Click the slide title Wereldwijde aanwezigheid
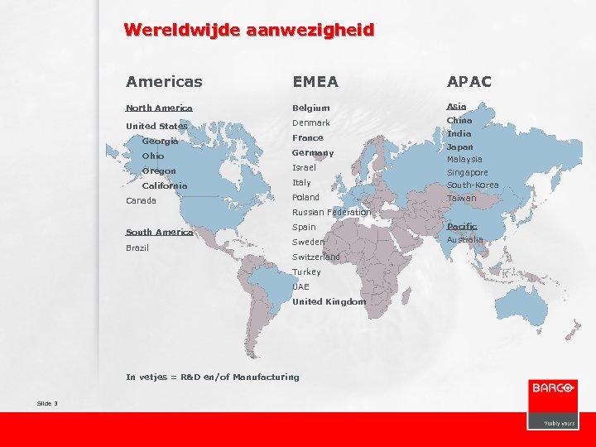(248, 31)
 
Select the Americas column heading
(164, 81)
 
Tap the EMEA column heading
(315, 81)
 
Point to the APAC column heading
(469, 81)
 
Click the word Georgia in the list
(160, 141)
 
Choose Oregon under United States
(159, 171)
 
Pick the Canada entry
(141, 200)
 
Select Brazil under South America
(137, 248)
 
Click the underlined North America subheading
(159, 108)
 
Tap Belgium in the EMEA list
(310, 108)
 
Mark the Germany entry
(313, 152)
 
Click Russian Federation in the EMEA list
(331, 212)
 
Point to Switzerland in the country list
(315, 257)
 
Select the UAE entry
(300, 286)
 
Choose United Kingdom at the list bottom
(329, 301)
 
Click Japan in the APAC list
(459, 147)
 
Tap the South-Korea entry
(473, 185)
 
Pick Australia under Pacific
(464, 240)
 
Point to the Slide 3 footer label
(47, 403)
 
